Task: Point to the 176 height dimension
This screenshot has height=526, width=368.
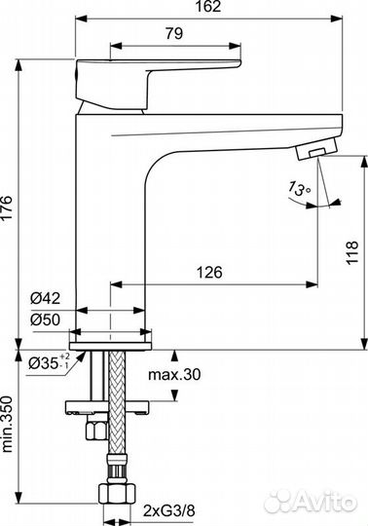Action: (x=8, y=202)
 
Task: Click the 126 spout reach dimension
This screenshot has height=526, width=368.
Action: (x=211, y=274)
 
